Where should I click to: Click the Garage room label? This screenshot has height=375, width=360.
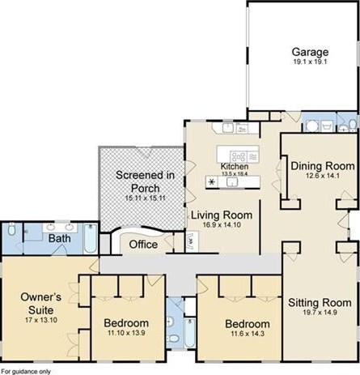[x=310, y=52]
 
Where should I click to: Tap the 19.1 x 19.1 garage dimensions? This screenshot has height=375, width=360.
[x=310, y=62]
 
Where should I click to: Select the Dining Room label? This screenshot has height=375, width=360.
[x=323, y=166]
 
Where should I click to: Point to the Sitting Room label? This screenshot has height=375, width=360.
[x=320, y=303]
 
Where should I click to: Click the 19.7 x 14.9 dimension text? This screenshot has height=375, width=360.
[x=320, y=313]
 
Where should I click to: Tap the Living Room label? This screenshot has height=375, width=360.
[x=222, y=215]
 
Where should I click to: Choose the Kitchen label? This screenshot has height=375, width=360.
[x=235, y=166]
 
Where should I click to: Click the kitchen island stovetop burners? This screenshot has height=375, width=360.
[x=239, y=156]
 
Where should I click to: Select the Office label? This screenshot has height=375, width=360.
[x=143, y=245]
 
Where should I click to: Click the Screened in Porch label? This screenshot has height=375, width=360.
[x=145, y=181]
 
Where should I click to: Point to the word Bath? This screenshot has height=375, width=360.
[x=60, y=238]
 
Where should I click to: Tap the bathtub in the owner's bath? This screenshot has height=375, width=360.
[x=91, y=238]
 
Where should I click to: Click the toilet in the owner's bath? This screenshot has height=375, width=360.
[x=11, y=229]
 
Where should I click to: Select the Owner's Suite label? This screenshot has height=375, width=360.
[x=41, y=304]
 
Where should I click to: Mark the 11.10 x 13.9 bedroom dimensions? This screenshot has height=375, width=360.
[x=126, y=333]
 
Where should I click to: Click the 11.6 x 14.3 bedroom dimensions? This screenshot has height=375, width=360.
[x=248, y=334]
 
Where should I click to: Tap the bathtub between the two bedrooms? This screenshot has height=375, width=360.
[x=190, y=333]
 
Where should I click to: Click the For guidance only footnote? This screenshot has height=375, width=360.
[x=26, y=372]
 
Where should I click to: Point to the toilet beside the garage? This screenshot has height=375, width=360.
[x=353, y=125]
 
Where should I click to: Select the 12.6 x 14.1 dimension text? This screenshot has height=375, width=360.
[x=323, y=176]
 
